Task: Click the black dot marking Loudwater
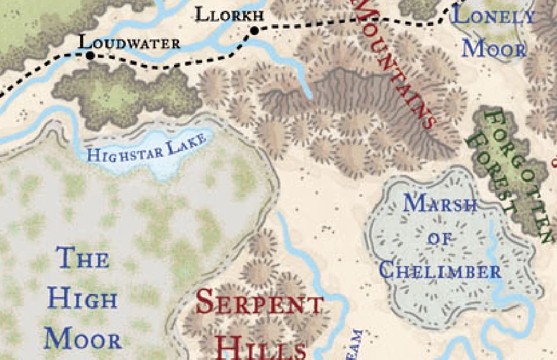pyautogui.click(x=90, y=56)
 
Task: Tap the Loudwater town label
pyautogui.click(x=129, y=43)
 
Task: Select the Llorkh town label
pyautogui.click(x=228, y=15)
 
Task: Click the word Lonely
pyautogui.click(x=493, y=16)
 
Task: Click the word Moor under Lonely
pyautogui.click(x=493, y=48)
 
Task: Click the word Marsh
pyautogui.click(x=440, y=204)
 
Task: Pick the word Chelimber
pyautogui.click(x=440, y=271)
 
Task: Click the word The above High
pyautogui.click(x=83, y=258)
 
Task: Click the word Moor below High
pyautogui.click(x=83, y=339)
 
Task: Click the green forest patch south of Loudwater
pyautogui.click(x=127, y=92)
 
